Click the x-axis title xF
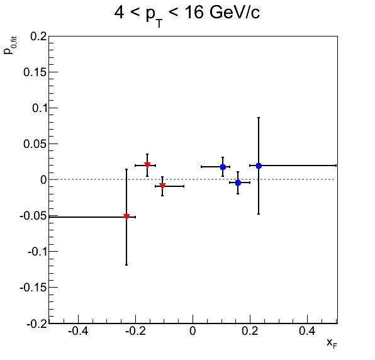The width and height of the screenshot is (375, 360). [x=332, y=343]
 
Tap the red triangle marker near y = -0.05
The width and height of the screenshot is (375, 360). [x=126, y=217]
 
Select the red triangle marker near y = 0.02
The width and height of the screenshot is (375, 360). [x=147, y=165]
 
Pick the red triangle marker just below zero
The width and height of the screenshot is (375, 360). [x=162, y=186]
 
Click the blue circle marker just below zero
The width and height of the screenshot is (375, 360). [x=238, y=183]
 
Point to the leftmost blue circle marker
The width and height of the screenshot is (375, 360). [x=223, y=167]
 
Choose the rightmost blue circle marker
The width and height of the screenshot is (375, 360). [x=259, y=166]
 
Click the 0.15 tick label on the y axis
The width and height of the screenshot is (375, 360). [x=35, y=72]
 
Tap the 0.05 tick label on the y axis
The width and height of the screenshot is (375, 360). [x=35, y=144]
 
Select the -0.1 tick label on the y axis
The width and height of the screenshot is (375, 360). [x=37, y=252]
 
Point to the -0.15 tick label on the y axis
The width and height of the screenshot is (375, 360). [x=33, y=288]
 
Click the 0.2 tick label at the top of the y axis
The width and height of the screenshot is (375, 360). [x=38, y=37]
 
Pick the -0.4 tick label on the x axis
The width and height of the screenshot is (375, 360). [x=78, y=331]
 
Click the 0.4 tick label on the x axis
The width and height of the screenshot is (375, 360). [x=307, y=331]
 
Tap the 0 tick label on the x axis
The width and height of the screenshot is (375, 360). [x=193, y=331]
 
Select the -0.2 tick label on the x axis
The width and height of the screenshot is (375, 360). [x=136, y=331]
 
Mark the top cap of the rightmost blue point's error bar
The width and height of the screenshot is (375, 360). [x=259, y=118]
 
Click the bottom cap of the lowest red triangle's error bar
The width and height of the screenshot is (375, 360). [x=126, y=265]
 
